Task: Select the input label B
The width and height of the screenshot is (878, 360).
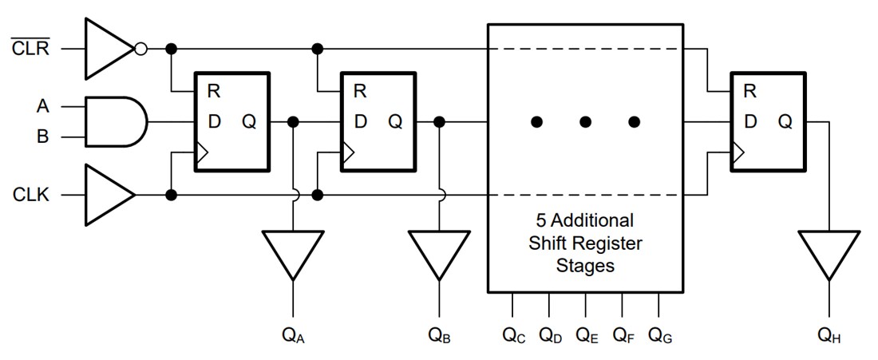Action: [42, 136]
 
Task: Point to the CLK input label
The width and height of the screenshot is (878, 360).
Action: [30, 195]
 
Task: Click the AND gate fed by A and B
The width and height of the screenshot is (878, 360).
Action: [115, 122]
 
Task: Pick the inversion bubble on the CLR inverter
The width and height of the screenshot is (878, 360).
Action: [140, 49]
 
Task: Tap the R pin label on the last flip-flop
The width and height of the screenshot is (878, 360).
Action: [749, 91]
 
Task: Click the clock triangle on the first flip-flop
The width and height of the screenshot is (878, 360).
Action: [202, 152]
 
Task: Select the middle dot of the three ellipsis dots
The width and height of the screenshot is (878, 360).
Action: [585, 122]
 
